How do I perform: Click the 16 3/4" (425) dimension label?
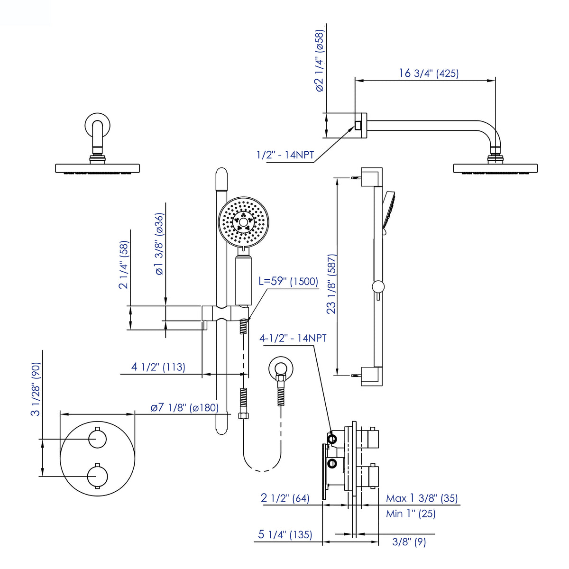click(429, 73)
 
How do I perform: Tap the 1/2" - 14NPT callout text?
click(285, 155)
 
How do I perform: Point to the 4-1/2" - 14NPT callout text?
click(293, 338)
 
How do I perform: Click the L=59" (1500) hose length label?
click(288, 281)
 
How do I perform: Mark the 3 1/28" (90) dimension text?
click(36, 389)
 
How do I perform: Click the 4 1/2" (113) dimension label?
click(158, 367)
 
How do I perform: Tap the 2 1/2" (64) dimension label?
click(285, 498)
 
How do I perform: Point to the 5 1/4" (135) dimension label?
click(285, 534)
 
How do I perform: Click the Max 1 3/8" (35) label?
click(422, 498)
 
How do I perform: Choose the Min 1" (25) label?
click(411, 514)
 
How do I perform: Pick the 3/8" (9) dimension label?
click(409, 542)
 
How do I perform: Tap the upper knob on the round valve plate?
click(98, 439)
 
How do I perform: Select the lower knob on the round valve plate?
click(98, 476)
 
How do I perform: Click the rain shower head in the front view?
click(98, 168)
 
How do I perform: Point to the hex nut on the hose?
click(243, 415)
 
